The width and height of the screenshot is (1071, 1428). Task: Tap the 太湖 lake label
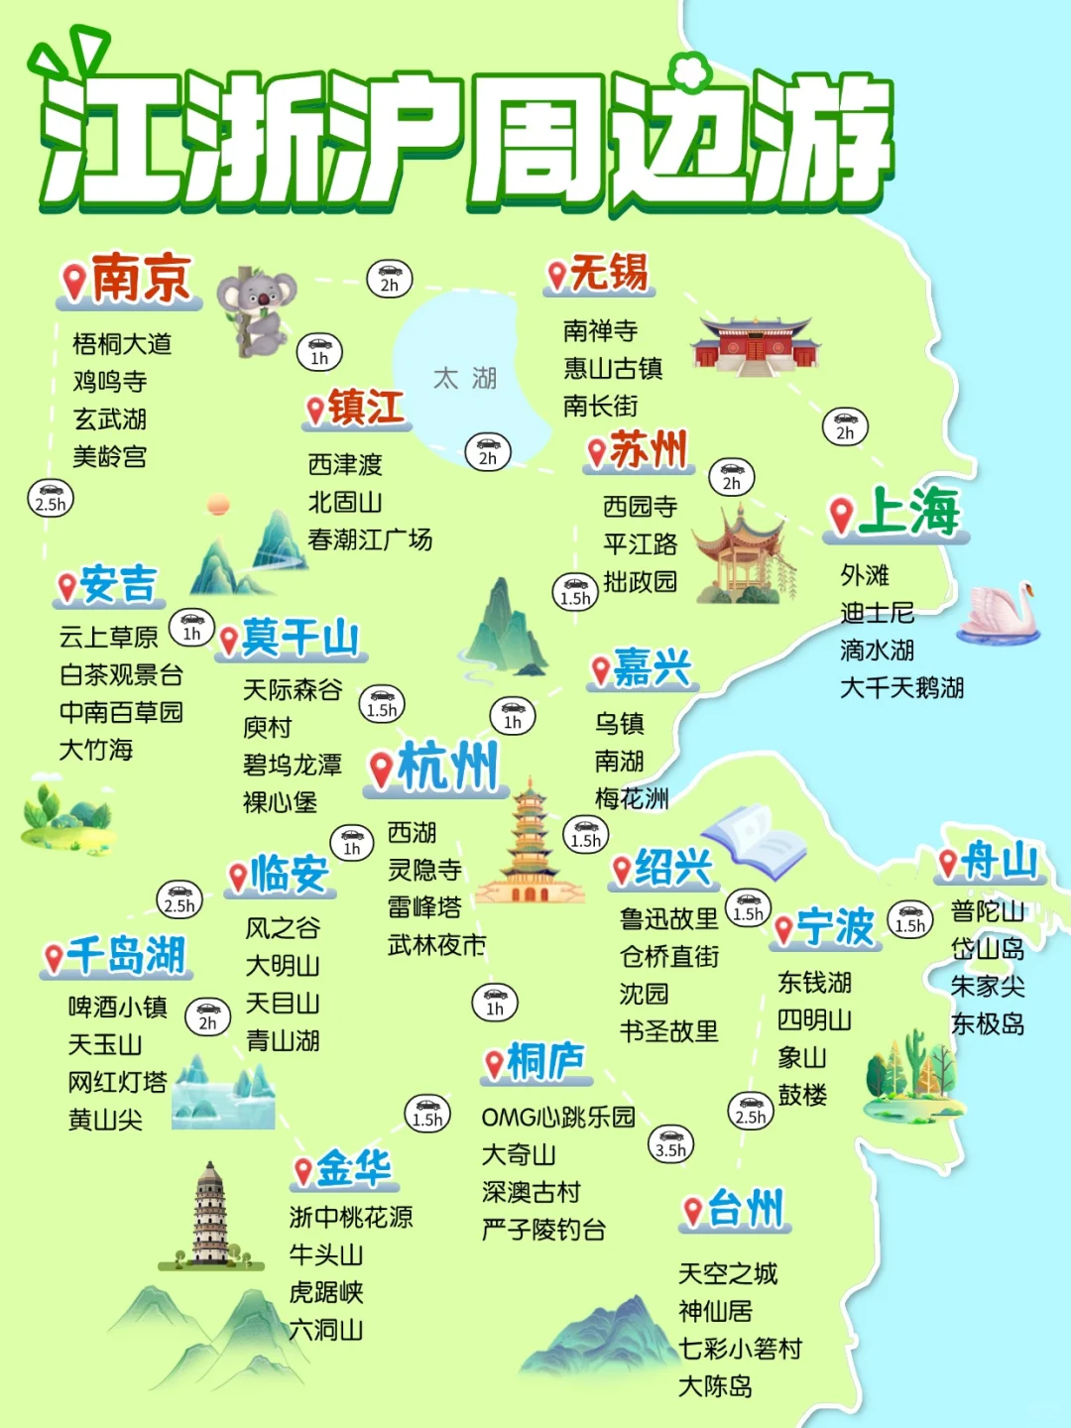(x=464, y=378)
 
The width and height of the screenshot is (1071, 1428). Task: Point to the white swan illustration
(x=1000, y=613)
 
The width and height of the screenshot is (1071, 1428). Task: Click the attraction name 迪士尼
(x=877, y=613)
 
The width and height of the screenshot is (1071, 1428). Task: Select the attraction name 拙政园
(x=640, y=581)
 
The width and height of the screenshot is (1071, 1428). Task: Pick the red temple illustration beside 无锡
(x=756, y=345)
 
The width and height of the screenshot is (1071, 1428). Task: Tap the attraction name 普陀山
(x=987, y=911)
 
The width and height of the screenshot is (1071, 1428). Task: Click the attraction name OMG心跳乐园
(x=558, y=1118)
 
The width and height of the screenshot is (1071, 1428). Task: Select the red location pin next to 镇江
(x=315, y=410)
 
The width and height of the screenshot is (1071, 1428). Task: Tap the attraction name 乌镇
(x=620, y=724)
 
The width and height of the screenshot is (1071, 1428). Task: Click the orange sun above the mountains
(x=218, y=506)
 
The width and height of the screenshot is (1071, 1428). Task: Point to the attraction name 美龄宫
(x=110, y=457)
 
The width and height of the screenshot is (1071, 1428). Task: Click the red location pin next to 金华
(x=303, y=1171)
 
